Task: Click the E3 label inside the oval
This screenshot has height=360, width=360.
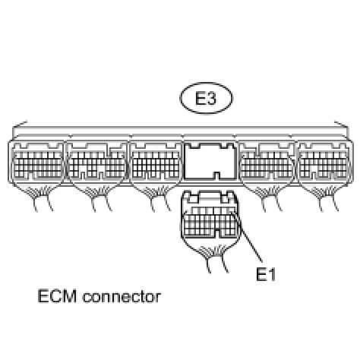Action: tap(206, 98)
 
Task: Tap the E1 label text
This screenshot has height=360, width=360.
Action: tap(266, 274)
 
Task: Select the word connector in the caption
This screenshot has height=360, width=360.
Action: tap(122, 296)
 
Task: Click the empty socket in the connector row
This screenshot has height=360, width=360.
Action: tap(210, 161)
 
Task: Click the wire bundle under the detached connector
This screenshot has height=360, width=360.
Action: tap(214, 258)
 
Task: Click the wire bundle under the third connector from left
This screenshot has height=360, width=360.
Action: tap(157, 199)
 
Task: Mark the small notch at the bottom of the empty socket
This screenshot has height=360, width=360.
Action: tap(216, 175)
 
